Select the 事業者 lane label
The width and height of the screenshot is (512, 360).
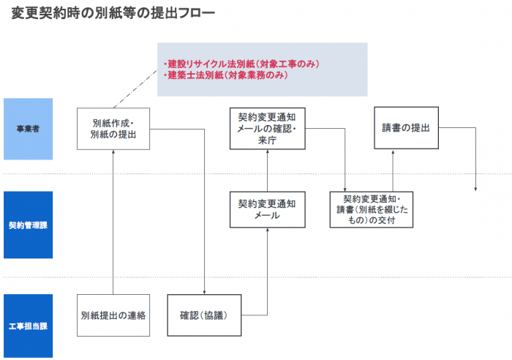click(x=28, y=129)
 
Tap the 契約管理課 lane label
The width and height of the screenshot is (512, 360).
click(x=28, y=225)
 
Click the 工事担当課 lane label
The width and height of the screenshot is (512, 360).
click(x=28, y=315)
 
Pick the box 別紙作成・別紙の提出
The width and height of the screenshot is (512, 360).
click(x=113, y=129)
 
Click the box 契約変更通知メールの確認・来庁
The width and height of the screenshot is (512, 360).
click(x=267, y=129)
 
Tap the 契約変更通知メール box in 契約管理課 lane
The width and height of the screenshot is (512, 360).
click(x=267, y=211)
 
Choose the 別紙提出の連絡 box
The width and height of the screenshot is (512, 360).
click(x=113, y=315)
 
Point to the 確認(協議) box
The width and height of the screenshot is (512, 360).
click(x=204, y=315)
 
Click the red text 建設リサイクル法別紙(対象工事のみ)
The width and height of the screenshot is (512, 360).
click(x=241, y=64)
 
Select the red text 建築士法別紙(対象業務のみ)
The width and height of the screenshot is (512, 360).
click(x=226, y=75)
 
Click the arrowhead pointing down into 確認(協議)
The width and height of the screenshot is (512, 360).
click(x=204, y=292)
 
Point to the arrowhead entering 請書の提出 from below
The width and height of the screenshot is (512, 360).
click(x=393, y=153)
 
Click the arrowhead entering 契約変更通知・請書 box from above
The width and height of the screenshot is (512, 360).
click(x=344, y=190)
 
